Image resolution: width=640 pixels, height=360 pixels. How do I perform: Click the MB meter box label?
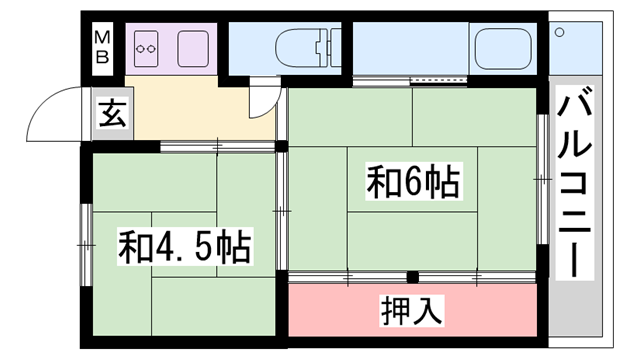coord(102,48)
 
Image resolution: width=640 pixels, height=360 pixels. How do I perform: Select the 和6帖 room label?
coord(413,182)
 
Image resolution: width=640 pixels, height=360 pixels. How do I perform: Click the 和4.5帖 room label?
coord(185,247)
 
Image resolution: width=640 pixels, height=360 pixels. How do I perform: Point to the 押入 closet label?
coord(411,310)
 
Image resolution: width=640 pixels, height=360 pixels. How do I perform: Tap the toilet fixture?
coord(308,47)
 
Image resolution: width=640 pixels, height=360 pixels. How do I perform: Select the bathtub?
coord(503,49)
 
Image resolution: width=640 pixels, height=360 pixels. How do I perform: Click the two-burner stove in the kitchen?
coord(146,49)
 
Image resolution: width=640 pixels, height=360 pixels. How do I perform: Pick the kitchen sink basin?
coord(193,49)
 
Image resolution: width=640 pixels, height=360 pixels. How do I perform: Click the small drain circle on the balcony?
coord(560,32)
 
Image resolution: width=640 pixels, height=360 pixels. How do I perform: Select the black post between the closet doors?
coord(413,277)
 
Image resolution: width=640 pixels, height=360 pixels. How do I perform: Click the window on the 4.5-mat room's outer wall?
coord(86,245)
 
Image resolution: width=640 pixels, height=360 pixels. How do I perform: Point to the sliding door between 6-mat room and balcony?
coord(542,180)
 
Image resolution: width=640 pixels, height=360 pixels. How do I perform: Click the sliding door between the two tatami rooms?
coord(282,211)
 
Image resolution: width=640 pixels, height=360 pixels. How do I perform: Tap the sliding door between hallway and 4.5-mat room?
coord(217,146)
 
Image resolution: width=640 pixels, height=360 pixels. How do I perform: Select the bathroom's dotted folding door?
coord(438,81)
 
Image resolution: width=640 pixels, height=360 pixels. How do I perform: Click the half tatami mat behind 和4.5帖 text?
coord(184,244)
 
